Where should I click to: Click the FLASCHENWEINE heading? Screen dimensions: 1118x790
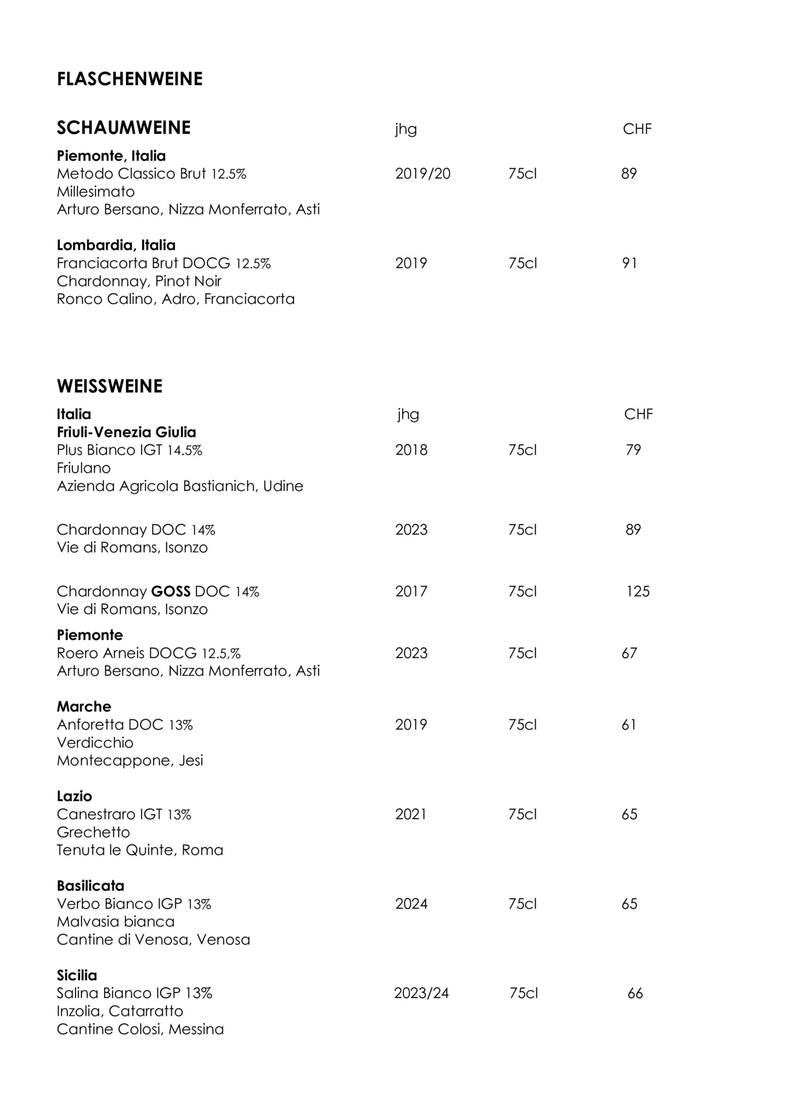tap(129, 79)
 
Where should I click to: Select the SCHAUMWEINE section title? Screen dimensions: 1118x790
tap(123, 128)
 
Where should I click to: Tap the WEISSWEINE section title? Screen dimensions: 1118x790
tap(109, 386)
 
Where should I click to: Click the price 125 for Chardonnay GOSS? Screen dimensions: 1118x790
tap(637, 591)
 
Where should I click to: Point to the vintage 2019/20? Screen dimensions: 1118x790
tap(422, 173)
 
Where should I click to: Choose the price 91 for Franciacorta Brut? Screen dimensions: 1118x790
tap(629, 263)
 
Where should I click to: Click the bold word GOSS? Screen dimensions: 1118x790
tap(171, 591)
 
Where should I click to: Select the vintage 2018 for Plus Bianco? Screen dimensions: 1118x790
tap(411, 449)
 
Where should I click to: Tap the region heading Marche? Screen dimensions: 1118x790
tap(83, 706)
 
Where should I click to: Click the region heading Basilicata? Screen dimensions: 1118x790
tap(91, 885)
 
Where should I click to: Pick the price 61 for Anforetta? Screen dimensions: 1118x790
tap(629, 724)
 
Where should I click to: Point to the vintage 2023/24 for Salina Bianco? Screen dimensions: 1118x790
tap(421, 993)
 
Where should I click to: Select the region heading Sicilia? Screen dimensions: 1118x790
tap(77, 974)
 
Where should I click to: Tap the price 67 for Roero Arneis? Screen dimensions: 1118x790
tap(629, 653)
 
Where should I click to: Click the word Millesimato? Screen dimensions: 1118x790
tap(96, 191)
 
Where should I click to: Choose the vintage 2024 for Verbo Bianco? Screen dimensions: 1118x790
tap(411, 903)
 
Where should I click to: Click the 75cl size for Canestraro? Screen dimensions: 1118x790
tap(522, 814)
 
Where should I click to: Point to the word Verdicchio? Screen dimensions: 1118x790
tap(95, 742)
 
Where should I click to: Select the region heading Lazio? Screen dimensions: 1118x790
tap(74, 796)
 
